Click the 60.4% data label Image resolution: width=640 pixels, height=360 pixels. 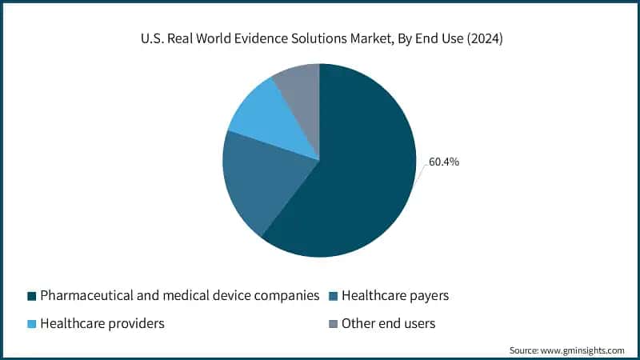[x=444, y=162]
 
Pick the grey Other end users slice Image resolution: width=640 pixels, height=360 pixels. [x=300, y=92]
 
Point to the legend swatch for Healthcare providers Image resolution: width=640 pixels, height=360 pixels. [x=31, y=324]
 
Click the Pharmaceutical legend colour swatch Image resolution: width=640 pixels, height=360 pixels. [x=31, y=296]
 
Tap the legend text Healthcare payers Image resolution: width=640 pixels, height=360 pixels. [x=395, y=296]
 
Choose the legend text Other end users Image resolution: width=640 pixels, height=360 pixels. [x=388, y=324]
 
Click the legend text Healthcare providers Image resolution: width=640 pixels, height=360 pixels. [x=102, y=324]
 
